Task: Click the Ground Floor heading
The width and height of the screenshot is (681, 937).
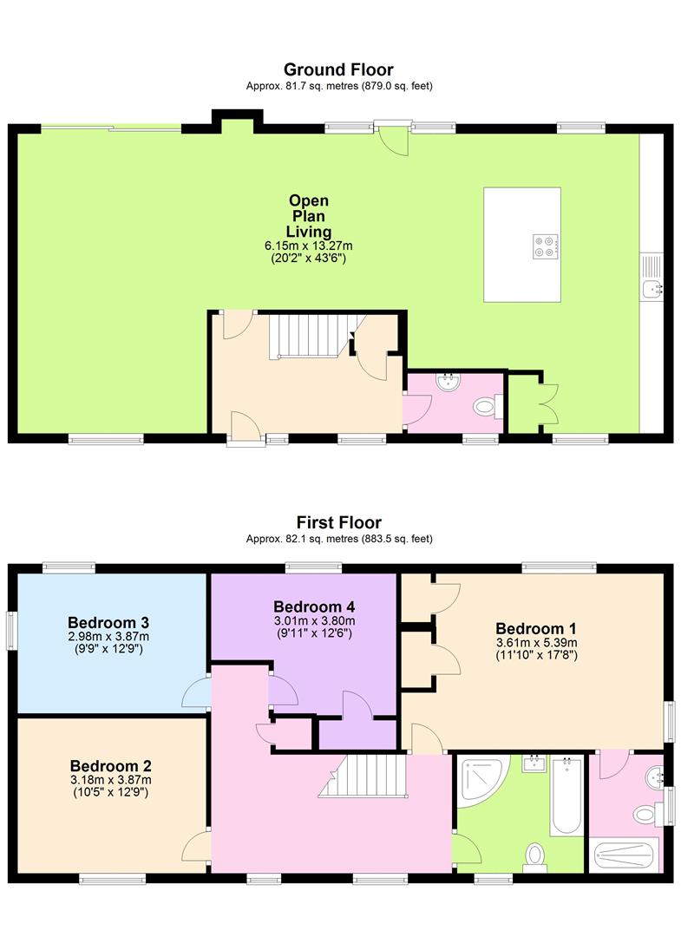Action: point(338,69)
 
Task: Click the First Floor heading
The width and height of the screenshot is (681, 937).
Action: point(338,522)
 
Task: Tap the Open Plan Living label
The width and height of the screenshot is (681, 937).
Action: point(308,216)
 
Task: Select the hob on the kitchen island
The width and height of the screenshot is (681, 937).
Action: point(547,246)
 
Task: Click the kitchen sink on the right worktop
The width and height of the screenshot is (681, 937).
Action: point(652,277)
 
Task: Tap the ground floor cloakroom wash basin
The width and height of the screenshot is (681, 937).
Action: point(448,383)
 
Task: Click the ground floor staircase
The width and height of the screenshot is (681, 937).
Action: point(310,337)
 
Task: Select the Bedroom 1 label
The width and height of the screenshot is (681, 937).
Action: point(536,629)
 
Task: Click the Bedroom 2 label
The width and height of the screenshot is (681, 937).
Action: point(110,765)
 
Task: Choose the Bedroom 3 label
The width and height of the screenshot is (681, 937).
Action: point(108,623)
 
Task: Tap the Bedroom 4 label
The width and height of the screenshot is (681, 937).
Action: point(314,606)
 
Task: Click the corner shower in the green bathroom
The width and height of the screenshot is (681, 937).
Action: point(482,781)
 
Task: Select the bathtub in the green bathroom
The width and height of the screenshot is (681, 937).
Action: point(566,796)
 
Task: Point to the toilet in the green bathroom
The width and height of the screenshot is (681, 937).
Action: point(534,855)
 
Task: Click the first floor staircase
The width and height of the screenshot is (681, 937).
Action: point(363,776)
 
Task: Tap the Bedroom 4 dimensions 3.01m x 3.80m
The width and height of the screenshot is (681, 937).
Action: point(314,621)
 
